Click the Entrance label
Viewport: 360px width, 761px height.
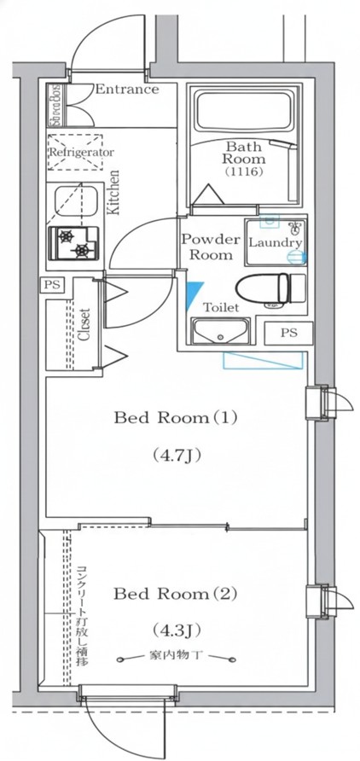pos(127,89)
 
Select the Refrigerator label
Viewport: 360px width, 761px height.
pos(81,152)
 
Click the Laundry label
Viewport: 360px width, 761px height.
pos(275,242)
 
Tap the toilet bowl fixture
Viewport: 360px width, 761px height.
pos(268,291)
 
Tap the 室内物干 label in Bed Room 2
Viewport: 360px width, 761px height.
pos(178,657)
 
